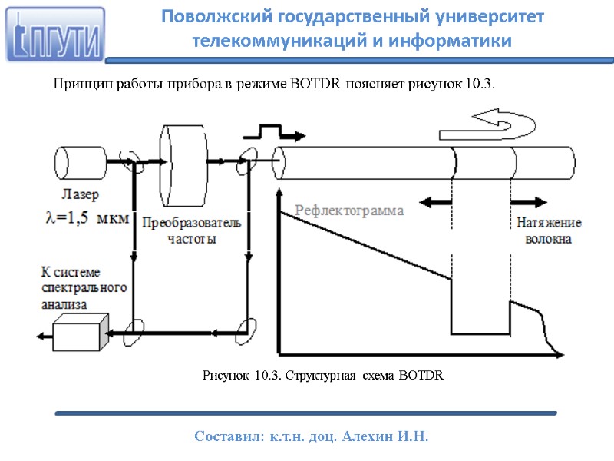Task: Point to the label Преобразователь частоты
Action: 191,230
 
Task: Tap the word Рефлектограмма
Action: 349,210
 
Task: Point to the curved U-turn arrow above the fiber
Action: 497,121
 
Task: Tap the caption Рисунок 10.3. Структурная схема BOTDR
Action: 322,376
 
